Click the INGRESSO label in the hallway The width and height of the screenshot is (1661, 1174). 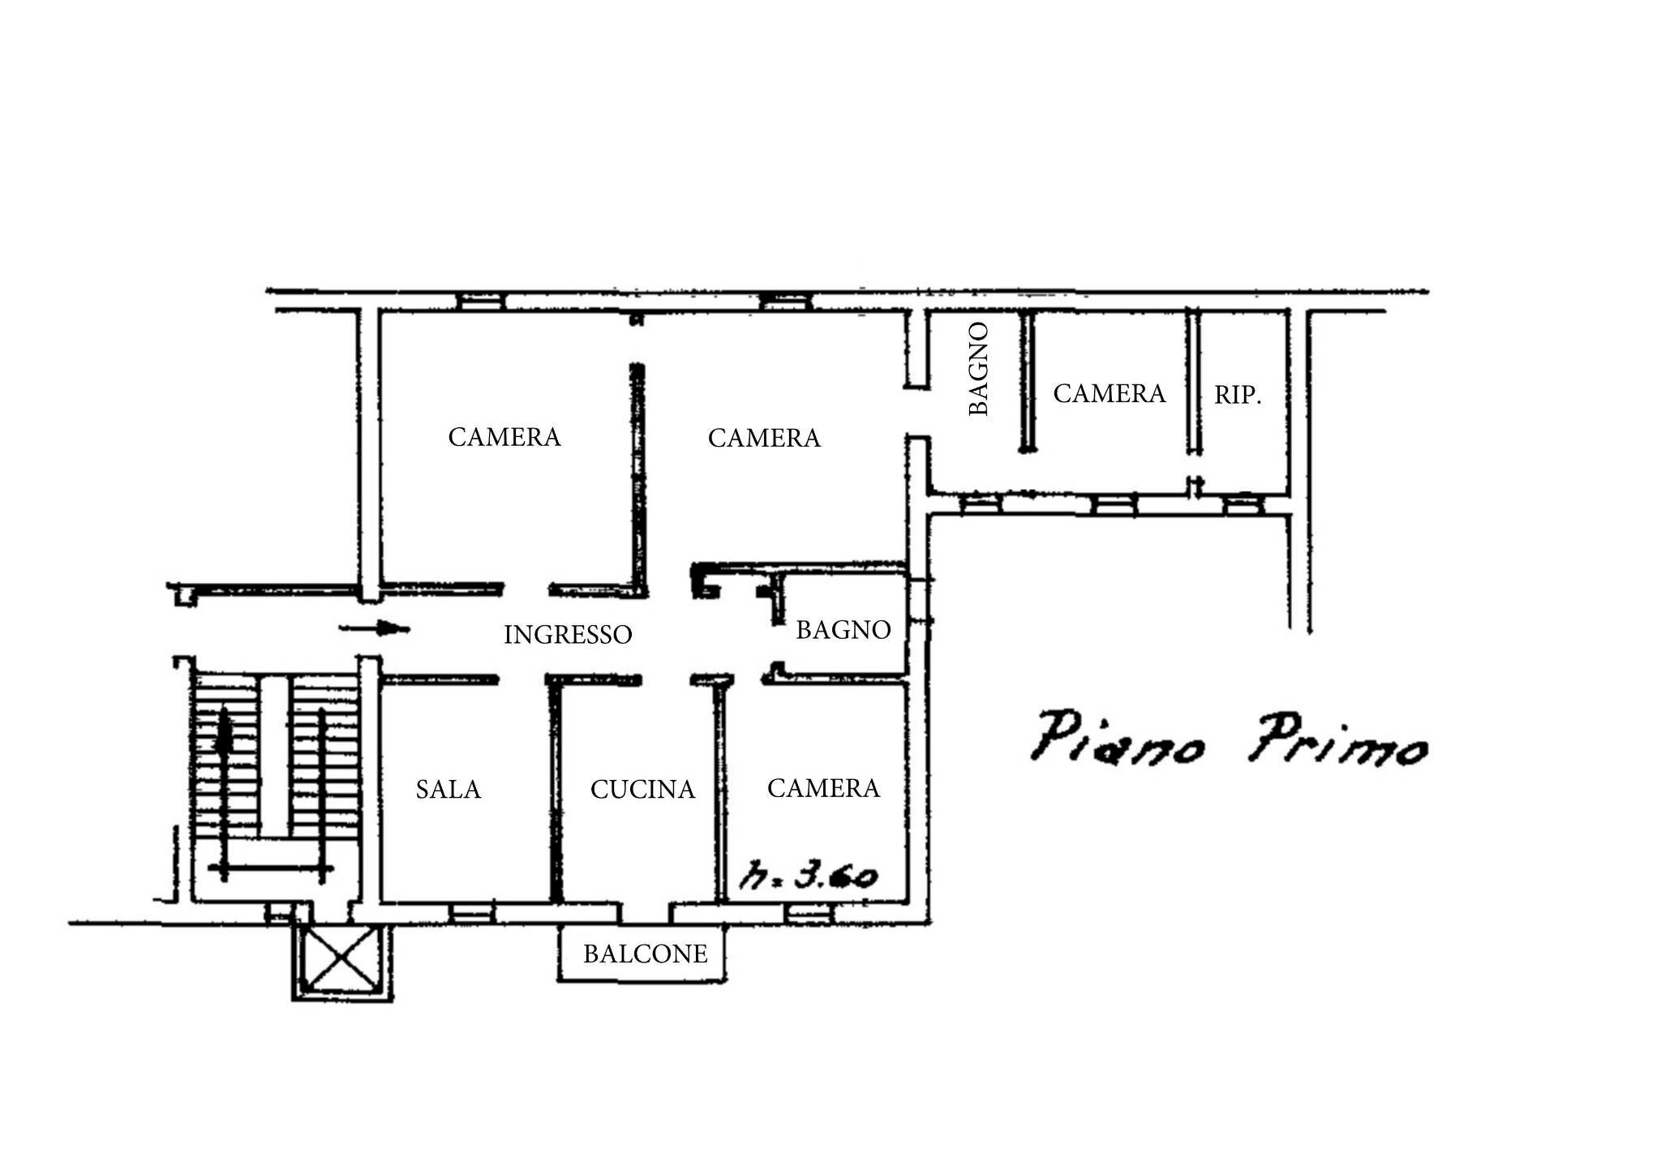[x=568, y=634]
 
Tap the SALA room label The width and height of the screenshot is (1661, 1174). [x=449, y=789]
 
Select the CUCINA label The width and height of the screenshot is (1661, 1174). [x=642, y=789]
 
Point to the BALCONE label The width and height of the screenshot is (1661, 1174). [x=645, y=953]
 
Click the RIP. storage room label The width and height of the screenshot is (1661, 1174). [x=1238, y=396]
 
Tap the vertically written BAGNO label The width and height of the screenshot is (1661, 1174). [x=980, y=369]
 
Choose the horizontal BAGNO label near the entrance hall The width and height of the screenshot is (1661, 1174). [x=843, y=630]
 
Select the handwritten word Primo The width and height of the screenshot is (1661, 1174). [x=1337, y=739]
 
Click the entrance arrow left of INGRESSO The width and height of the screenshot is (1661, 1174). [x=375, y=628]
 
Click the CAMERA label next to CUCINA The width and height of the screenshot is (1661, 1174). [x=823, y=788]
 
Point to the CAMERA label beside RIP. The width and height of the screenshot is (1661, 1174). [x=1109, y=393]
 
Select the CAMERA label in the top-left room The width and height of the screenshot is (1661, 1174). [x=504, y=437]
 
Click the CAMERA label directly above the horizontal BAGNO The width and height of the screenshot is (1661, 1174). [x=764, y=438]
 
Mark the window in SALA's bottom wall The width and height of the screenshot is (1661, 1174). [x=472, y=913]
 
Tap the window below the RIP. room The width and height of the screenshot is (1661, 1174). [x=1244, y=505]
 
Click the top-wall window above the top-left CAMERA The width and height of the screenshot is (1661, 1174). [x=480, y=302]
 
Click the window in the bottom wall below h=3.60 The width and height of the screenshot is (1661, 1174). [x=809, y=913]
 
